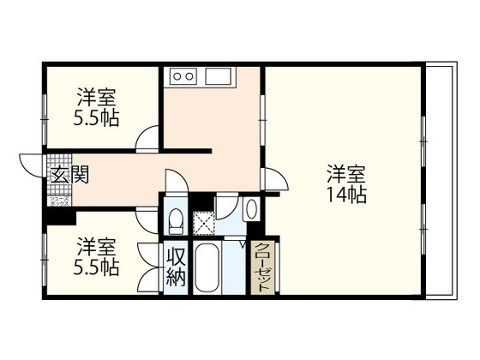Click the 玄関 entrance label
[69, 177]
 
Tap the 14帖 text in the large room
[346, 195]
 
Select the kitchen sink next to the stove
[215, 77]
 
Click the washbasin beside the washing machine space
[251, 209]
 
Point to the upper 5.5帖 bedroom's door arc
[148, 138]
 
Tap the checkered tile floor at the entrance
[60, 161]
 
